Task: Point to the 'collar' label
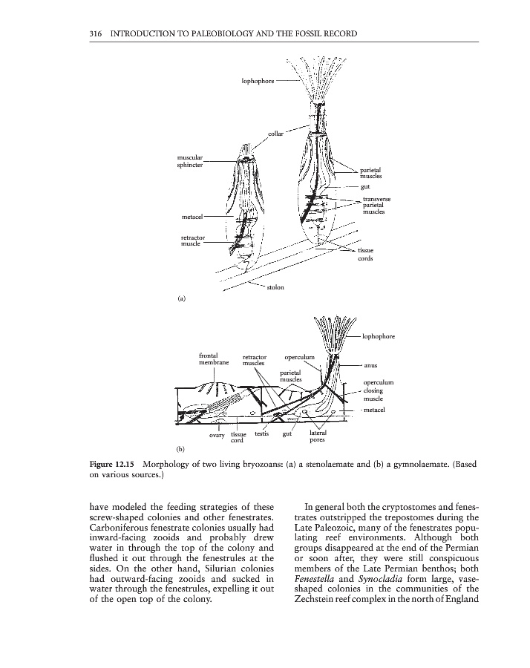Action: pyautogui.click(x=276, y=134)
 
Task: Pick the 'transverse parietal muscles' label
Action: pyautogui.click(x=377, y=205)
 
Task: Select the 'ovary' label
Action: pyautogui.click(x=217, y=436)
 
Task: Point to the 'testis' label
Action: pyautogui.click(x=261, y=433)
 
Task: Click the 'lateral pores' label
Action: pyautogui.click(x=318, y=436)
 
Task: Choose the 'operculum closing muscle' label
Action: pyautogui.click(x=378, y=392)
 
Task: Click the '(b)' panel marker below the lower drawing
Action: pyautogui.click(x=181, y=449)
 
